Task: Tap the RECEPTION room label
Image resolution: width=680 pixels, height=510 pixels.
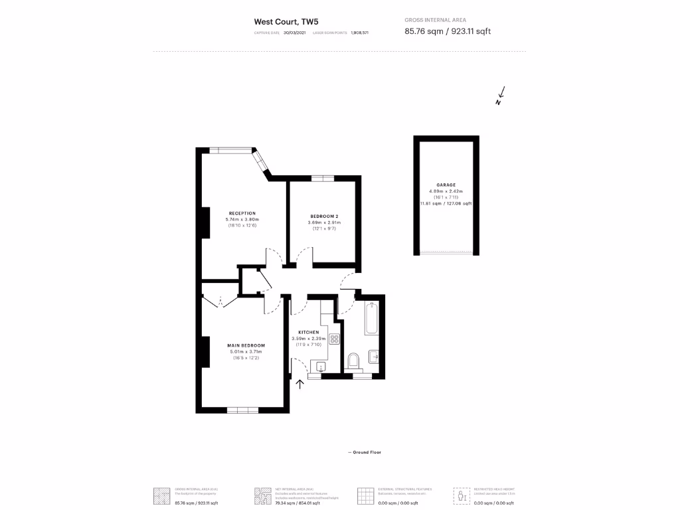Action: (x=242, y=213)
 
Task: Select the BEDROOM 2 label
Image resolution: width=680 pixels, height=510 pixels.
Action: (x=324, y=216)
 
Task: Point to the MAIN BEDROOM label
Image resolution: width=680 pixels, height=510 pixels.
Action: (x=246, y=345)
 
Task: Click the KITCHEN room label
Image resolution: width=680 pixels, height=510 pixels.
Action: (x=308, y=332)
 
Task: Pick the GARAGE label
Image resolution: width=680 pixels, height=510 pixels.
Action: (x=446, y=185)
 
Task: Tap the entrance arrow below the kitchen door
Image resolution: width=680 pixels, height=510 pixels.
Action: (x=299, y=383)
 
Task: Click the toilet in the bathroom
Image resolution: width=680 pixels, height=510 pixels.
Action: (x=354, y=360)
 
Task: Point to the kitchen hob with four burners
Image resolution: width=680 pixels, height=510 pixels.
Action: (x=334, y=339)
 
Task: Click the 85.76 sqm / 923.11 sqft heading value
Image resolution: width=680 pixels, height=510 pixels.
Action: (x=448, y=31)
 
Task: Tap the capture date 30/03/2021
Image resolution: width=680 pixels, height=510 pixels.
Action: (x=295, y=32)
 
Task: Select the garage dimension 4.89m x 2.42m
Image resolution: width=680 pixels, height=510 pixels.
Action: (x=446, y=191)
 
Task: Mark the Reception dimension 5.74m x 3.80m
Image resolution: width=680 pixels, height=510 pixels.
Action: (x=242, y=220)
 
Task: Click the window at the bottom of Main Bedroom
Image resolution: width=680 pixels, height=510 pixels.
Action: (x=242, y=410)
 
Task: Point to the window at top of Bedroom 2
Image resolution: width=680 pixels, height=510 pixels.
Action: (x=322, y=177)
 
